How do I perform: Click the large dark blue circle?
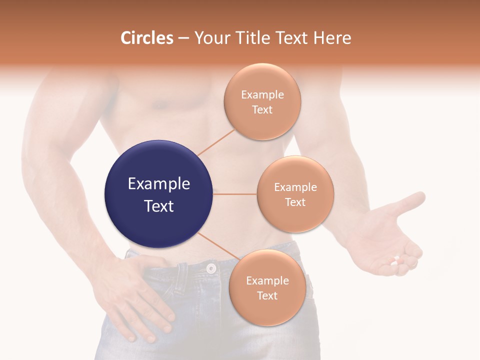click(x=158, y=194)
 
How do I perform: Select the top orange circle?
click(x=262, y=101)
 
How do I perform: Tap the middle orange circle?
click(x=295, y=194)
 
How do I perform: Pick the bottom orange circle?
click(x=267, y=287)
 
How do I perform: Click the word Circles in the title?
click(x=147, y=38)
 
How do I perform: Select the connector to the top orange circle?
click(x=216, y=142)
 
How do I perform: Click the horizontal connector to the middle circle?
click(x=234, y=194)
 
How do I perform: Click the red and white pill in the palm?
click(x=395, y=260)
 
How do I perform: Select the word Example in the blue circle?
click(x=159, y=184)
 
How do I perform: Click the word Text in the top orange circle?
click(x=262, y=109)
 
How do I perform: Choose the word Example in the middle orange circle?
click(x=295, y=187)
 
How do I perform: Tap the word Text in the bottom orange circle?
click(x=267, y=295)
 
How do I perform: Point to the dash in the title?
click(x=183, y=38)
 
